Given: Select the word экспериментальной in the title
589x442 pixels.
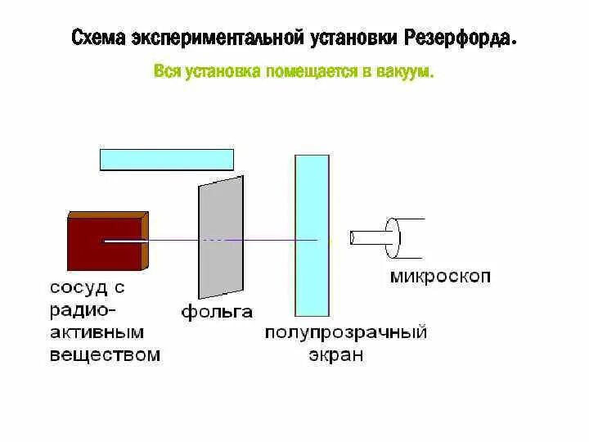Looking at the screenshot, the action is point(211,38).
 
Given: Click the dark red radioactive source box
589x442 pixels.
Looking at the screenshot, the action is point(104,241).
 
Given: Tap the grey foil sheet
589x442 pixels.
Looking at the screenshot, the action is point(221,237).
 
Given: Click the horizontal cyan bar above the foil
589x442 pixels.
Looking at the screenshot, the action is point(167,159).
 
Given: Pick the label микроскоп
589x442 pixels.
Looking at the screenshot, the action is point(440,276).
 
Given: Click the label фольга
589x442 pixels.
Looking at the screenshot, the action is point(216,311).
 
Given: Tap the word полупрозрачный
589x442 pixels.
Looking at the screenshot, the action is point(346,333).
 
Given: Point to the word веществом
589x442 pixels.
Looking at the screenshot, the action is point(105,354).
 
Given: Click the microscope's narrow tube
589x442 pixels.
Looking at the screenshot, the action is point(369,237).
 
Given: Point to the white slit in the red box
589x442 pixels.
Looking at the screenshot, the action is point(124,241).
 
